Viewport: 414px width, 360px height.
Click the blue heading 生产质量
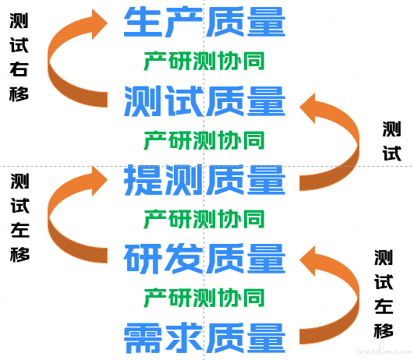point(204,22)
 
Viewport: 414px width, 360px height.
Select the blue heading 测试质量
point(204,101)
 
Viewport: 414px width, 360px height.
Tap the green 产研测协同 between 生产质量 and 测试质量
point(204,61)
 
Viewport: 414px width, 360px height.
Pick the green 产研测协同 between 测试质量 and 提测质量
point(204,140)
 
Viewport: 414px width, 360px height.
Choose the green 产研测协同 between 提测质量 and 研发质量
point(204,219)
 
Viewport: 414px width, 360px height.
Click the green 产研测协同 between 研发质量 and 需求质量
point(204,298)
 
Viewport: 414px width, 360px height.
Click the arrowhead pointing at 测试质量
point(308,108)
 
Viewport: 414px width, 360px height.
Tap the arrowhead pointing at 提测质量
point(99,181)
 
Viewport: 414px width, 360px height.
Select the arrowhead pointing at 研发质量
point(308,261)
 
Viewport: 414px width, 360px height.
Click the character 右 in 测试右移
point(19,69)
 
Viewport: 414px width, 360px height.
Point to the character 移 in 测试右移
point(19,94)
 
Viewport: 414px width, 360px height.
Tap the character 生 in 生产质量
point(143,22)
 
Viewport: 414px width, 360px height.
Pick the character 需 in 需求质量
point(143,338)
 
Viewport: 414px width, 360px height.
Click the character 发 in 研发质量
point(184,259)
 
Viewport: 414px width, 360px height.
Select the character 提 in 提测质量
point(143,180)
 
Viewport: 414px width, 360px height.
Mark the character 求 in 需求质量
point(184,338)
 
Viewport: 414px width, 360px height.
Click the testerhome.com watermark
point(384,350)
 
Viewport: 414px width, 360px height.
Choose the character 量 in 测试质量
point(266,101)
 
